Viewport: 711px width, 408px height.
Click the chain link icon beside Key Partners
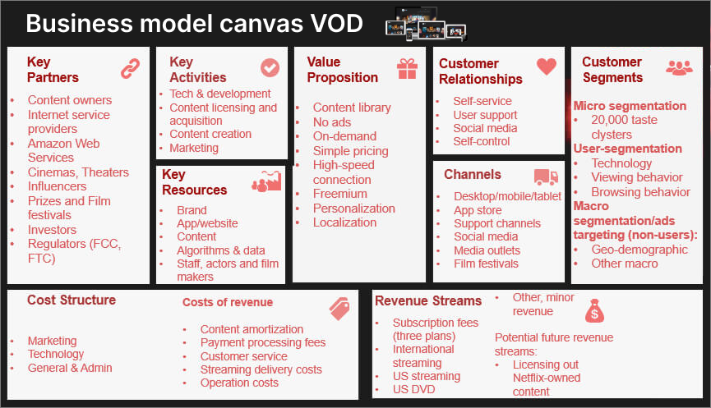130,68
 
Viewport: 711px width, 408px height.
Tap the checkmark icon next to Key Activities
270,68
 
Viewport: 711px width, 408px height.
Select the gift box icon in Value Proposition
407,69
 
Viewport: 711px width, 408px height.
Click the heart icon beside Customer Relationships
547,66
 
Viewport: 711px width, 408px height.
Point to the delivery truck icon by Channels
546,177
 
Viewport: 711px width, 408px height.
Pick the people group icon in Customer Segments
679,68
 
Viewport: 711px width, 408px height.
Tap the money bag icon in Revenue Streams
594,310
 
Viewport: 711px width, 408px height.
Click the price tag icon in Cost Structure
339,309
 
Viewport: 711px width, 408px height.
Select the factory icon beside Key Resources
266,181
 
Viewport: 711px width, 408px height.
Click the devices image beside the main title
425,24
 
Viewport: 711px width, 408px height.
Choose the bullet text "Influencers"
58,186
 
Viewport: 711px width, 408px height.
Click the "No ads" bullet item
332,122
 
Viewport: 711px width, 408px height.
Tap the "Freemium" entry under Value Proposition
340,194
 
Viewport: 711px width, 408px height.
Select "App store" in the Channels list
478,210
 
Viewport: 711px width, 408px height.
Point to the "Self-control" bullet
481,142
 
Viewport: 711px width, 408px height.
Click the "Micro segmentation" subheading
630,106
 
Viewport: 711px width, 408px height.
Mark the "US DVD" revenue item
413,389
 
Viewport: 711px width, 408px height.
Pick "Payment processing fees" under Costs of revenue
263,343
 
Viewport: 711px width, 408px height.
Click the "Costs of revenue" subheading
228,302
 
